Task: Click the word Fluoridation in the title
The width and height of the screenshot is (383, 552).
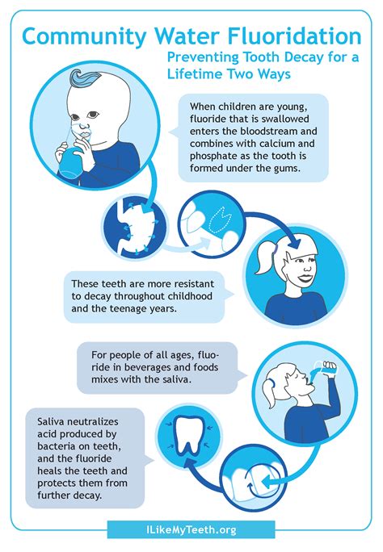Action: (x=294, y=36)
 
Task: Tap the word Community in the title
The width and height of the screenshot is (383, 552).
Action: (x=84, y=37)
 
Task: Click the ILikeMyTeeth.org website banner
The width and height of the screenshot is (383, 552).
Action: (x=191, y=529)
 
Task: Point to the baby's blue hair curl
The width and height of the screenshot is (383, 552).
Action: (x=86, y=78)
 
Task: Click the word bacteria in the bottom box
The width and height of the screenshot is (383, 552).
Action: (x=57, y=446)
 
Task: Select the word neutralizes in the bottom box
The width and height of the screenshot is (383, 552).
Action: (x=93, y=421)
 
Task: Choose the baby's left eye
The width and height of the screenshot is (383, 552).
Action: (x=92, y=115)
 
